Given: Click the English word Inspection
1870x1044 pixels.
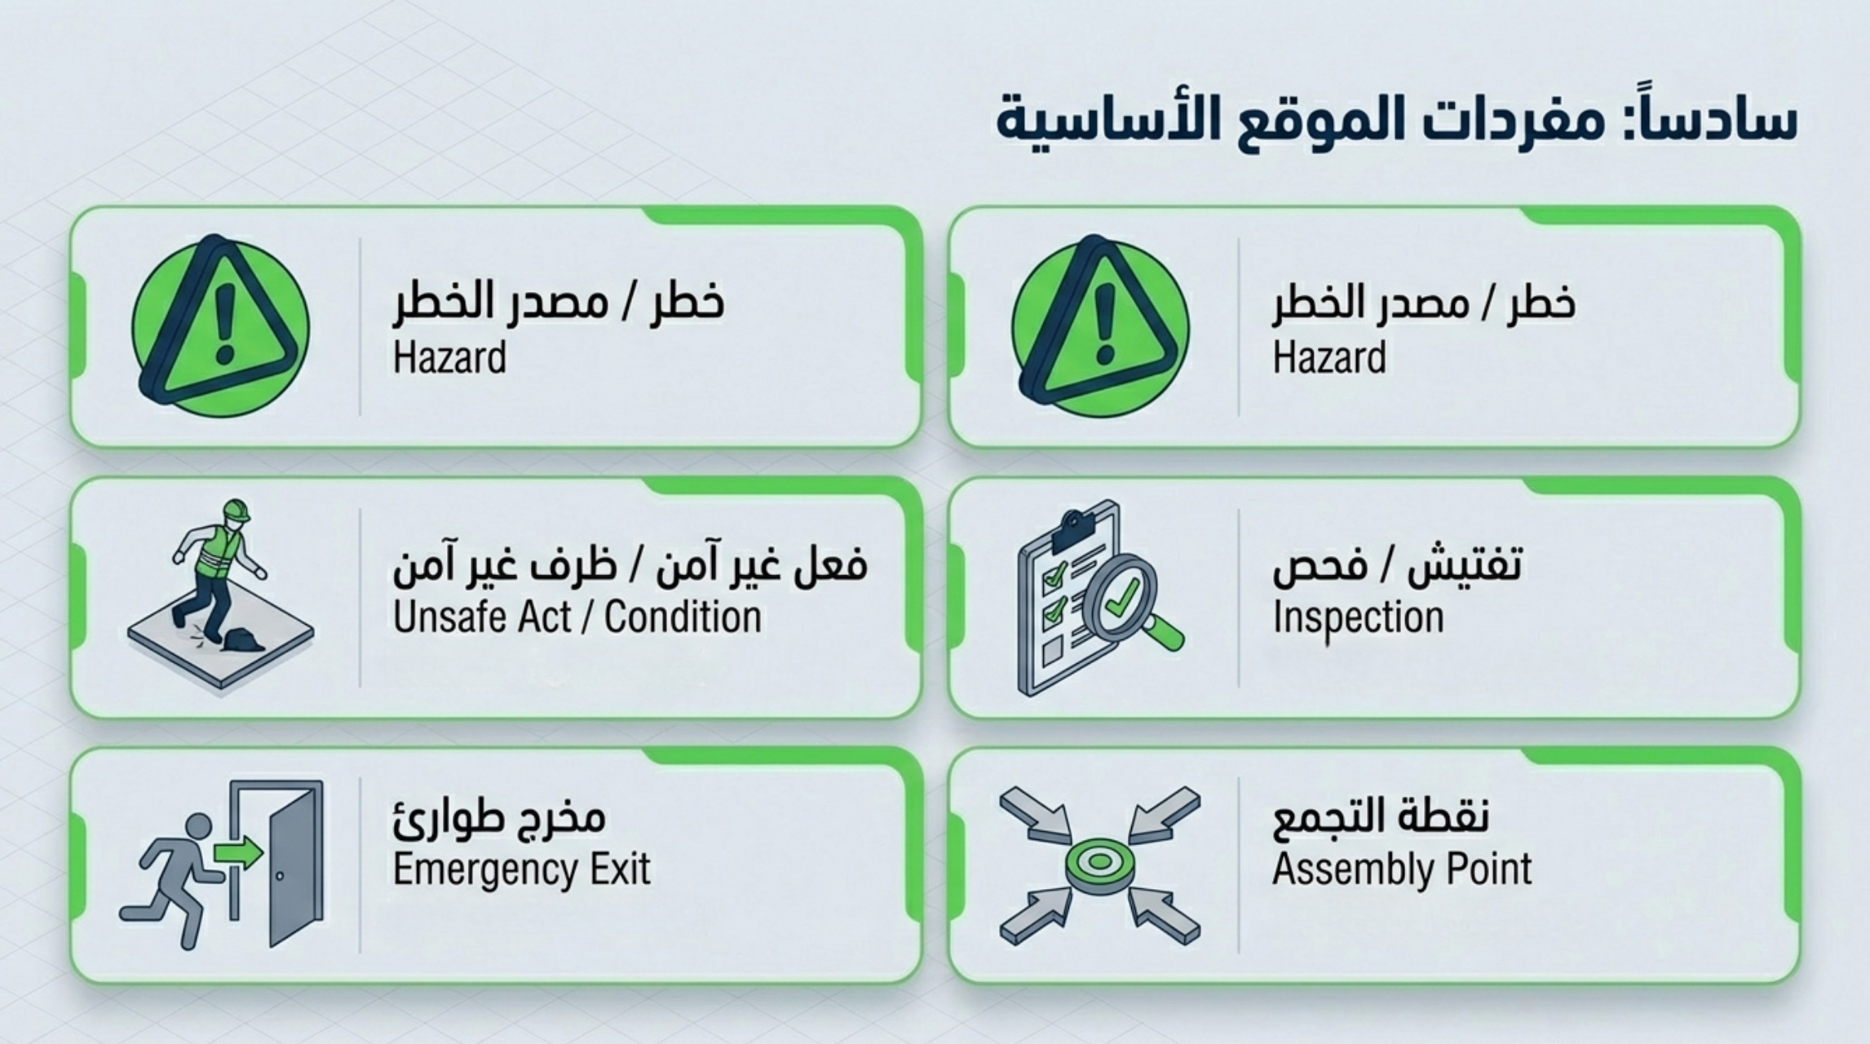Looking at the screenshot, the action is (1358, 617).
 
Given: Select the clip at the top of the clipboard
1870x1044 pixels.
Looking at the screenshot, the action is (1074, 528).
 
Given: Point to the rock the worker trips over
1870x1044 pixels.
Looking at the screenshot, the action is (244, 640).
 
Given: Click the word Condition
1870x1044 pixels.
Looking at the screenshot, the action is (683, 617).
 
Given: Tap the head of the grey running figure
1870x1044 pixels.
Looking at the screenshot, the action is (198, 825).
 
